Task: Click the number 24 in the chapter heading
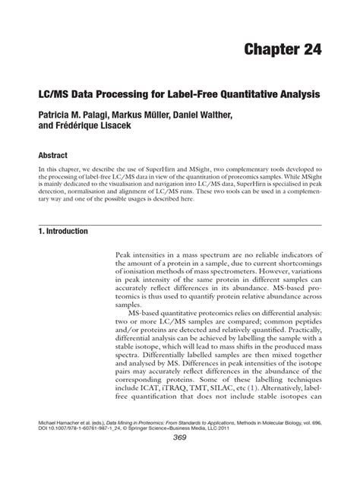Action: pos(305,49)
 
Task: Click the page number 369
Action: pos(179,458)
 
